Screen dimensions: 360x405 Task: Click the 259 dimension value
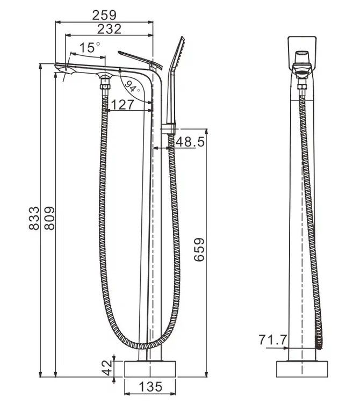point(104,15)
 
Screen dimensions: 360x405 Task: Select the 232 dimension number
point(109,29)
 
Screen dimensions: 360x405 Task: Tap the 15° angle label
point(89,47)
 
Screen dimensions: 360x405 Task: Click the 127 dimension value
point(123,105)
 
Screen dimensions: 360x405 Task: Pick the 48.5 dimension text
point(190,142)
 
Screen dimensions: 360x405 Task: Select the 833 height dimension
point(34,218)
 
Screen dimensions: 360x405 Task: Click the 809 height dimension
point(49,218)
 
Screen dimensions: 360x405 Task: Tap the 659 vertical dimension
point(199,250)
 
